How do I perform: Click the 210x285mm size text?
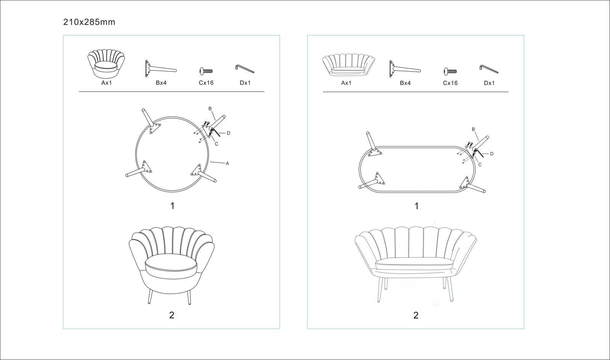tap(89, 22)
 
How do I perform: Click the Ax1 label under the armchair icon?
tap(106, 83)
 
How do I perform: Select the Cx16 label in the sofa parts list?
tap(450, 83)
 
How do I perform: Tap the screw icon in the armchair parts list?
tap(206, 71)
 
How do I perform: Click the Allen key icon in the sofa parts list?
tap(489, 69)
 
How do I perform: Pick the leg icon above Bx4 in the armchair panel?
tap(161, 69)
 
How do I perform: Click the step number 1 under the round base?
tap(172, 206)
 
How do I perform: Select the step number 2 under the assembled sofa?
tap(416, 315)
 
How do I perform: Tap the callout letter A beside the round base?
tap(227, 163)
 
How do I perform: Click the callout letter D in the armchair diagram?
tap(228, 133)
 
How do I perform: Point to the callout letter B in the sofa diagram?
tap(474, 129)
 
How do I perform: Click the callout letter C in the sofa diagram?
tap(480, 165)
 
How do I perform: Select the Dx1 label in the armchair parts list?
tap(245, 83)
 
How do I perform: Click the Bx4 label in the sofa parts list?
tap(405, 83)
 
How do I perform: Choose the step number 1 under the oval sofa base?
tap(416, 206)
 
